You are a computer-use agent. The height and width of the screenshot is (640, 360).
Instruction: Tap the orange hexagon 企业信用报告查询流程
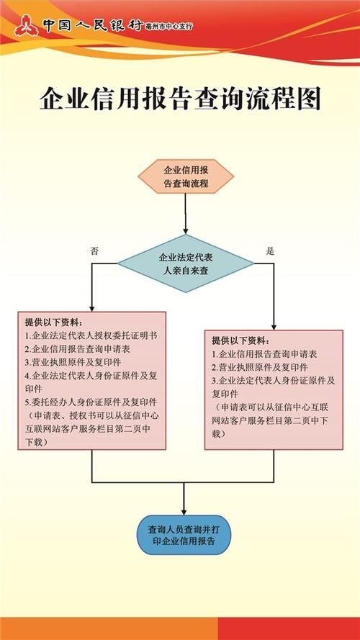click(186, 177)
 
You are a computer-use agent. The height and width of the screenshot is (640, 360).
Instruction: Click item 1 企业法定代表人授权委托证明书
click(92, 335)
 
